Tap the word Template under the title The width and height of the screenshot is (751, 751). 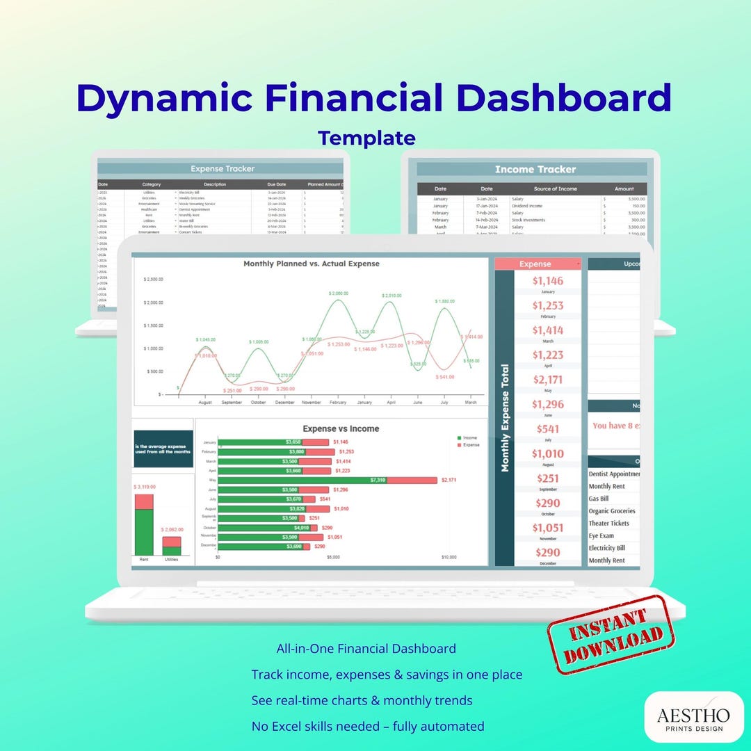[366, 138]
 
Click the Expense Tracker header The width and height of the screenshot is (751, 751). [223, 168]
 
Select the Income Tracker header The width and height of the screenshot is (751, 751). [535, 169]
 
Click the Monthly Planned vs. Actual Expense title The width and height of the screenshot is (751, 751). [312, 264]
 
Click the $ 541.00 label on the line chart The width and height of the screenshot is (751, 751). [444, 377]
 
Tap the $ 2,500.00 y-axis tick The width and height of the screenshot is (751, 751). [153, 280]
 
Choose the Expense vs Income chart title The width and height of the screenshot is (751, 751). [341, 429]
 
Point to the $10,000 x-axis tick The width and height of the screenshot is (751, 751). [449, 557]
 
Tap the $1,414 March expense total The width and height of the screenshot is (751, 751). [548, 330]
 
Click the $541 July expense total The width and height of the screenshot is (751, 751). [548, 429]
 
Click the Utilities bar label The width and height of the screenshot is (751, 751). [171, 559]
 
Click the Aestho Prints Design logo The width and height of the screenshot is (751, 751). [694, 716]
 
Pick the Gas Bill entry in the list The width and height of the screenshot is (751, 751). [599, 499]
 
